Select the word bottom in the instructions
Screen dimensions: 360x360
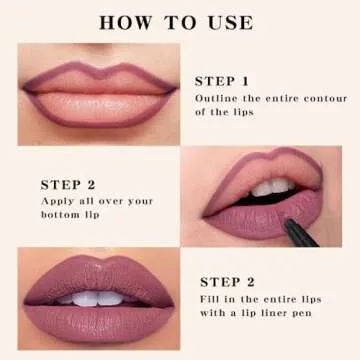pyautogui.click(x=63, y=215)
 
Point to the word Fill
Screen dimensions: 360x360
pyautogui.click(x=211, y=299)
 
